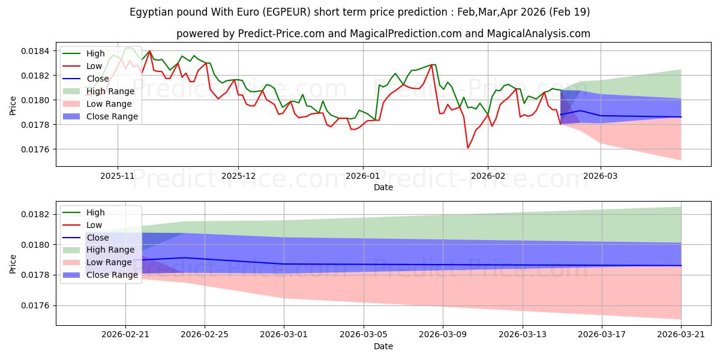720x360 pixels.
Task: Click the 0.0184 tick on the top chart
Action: tap(35, 51)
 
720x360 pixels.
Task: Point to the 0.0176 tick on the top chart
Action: tap(35, 149)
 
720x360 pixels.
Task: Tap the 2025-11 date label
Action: tap(118, 176)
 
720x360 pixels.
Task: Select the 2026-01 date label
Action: tap(363, 176)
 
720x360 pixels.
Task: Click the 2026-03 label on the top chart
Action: tap(601, 176)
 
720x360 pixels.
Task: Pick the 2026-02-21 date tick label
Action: tap(125, 335)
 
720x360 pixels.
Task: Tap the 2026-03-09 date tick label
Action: tap(443, 335)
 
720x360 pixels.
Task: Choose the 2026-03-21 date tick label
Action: tap(681, 335)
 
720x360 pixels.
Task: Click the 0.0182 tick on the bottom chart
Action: tap(35, 214)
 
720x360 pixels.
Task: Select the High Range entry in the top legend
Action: tap(110, 91)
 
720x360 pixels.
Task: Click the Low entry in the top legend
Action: tap(94, 66)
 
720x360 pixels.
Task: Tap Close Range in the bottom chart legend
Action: tap(112, 275)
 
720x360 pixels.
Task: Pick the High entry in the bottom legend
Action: tap(95, 212)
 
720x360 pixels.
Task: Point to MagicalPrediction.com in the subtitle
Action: tap(406, 34)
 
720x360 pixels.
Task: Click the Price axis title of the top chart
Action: tap(13, 106)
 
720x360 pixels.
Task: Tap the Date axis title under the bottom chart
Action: tap(383, 346)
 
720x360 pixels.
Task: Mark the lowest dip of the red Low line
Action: tap(467, 148)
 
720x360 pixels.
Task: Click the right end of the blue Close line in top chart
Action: tap(681, 117)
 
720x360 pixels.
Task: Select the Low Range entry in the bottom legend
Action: tap(109, 262)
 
